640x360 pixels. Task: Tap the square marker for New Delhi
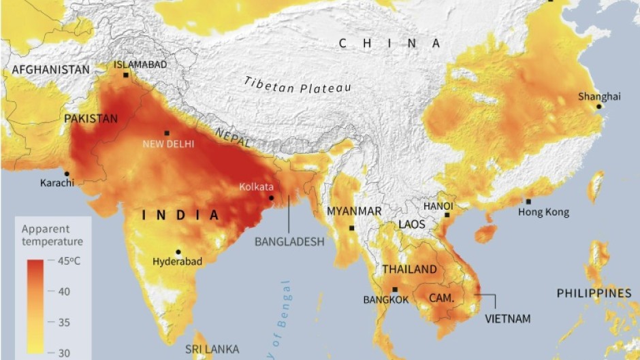tap(167, 133)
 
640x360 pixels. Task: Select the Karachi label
tap(58, 183)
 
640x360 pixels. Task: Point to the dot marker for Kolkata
tap(272, 199)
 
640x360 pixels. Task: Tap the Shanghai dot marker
tap(598, 106)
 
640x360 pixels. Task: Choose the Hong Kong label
tap(543, 212)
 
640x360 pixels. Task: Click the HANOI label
tap(438, 206)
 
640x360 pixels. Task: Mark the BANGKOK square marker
tap(395, 290)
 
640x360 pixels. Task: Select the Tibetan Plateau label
tap(298, 87)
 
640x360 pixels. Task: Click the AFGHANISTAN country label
tap(50, 69)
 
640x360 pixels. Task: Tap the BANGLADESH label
tap(289, 241)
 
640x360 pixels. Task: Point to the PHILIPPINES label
tap(594, 293)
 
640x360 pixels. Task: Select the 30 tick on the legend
tap(63, 352)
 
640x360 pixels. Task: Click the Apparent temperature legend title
tap(52, 235)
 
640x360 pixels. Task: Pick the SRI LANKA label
tap(212, 349)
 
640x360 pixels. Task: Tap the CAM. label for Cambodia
tap(442, 297)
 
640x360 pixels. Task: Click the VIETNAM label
tap(507, 318)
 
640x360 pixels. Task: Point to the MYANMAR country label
tap(354, 211)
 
